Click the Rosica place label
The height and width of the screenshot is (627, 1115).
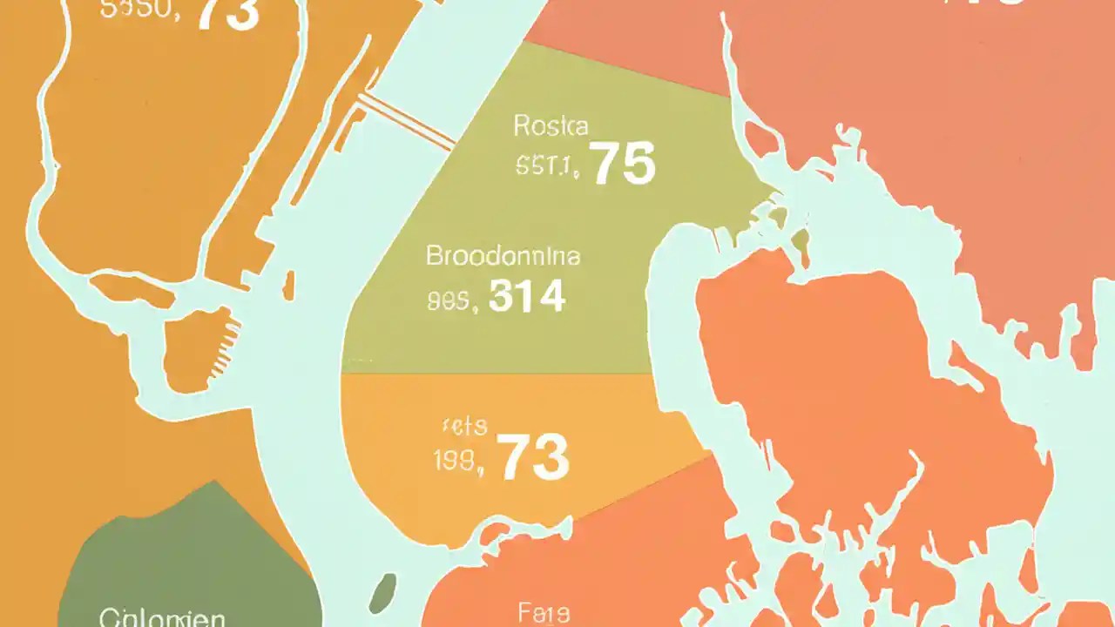click(x=551, y=126)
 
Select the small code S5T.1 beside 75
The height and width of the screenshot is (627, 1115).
click(x=547, y=165)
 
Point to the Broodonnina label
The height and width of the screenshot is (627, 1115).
click(x=503, y=257)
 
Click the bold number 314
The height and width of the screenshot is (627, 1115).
click(x=527, y=297)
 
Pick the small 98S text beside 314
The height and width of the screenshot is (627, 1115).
click(x=453, y=300)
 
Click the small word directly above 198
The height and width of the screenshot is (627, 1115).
click(x=463, y=427)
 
